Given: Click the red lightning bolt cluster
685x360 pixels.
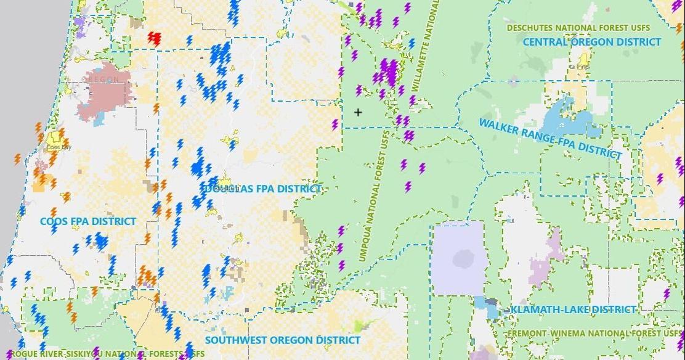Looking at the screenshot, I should [x=154, y=39].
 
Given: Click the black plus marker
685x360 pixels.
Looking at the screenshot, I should [x=358, y=112].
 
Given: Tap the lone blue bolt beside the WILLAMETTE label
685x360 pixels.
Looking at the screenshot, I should [x=411, y=44].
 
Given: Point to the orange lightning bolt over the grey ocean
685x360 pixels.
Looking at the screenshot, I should [x=17, y=159].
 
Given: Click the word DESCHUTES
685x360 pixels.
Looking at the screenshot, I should [x=534, y=28].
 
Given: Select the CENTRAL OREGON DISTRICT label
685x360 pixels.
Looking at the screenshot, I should [x=591, y=42].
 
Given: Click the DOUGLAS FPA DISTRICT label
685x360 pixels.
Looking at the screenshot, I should [x=263, y=189].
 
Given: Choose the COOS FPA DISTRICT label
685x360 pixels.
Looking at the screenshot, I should [x=88, y=221].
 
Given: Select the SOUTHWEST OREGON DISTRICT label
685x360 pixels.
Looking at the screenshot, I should [x=283, y=340].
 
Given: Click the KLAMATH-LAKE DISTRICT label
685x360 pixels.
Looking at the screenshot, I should [x=573, y=309].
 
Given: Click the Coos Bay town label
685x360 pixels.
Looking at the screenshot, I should [x=57, y=148].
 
